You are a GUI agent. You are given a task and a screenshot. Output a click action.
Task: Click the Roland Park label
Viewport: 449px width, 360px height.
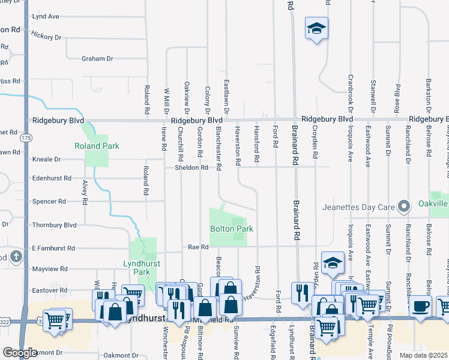tap(97, 146)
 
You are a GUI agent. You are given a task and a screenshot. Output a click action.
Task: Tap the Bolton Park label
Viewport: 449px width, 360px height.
tap(231, 229)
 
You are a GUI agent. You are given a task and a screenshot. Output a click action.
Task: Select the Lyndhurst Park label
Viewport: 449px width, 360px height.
tap(136, 268)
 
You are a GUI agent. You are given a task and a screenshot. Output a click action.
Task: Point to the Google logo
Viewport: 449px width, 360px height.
tap(20, 352)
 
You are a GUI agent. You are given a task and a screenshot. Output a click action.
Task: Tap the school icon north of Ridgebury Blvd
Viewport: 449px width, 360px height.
tap(316, 29)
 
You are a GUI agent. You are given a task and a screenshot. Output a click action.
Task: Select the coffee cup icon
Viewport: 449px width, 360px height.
tap(420, 307)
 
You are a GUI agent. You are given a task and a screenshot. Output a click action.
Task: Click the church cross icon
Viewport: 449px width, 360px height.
tap(16, 257)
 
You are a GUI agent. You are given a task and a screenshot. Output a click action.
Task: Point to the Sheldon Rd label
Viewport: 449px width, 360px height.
tap(191, 168)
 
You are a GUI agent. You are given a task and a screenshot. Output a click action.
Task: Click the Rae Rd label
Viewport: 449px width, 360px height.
tap(197, 247)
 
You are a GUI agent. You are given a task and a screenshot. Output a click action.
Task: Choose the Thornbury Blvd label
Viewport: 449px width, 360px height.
tap(54, 225)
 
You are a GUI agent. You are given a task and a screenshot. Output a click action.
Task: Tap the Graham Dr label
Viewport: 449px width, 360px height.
tap(98, 58)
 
